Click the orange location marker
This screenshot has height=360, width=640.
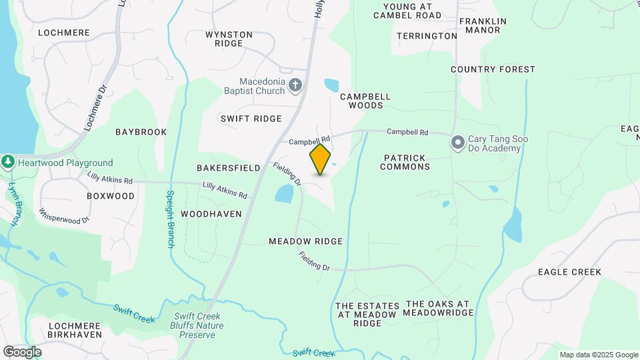(x=320, y=159)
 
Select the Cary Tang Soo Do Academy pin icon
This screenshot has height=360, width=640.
(x=458, y=142)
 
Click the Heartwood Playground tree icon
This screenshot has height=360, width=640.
(x=8, y=162)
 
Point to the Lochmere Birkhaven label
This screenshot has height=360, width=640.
(x=75, y=330)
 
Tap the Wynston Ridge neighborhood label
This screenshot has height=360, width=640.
(x=229, y=39)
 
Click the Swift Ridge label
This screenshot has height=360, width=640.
(x=251, y=119)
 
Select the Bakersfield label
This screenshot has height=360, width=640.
(x=228, y=168)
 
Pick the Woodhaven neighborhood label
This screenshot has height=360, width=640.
(x=211, y=214)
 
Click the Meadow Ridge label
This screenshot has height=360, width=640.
(x=305, y=241)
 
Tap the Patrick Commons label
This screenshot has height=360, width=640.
(x=405, y=162)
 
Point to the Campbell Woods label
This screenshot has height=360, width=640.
(x=365, y=101)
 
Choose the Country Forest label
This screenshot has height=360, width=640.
(x=493, y=69)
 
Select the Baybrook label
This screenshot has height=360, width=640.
(x=141, y=132)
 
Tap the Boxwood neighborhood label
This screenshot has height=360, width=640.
(x=111, y=196)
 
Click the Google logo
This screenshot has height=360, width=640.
(x=23, y=351)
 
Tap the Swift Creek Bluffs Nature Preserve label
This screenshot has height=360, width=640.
(x=199, y=325)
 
